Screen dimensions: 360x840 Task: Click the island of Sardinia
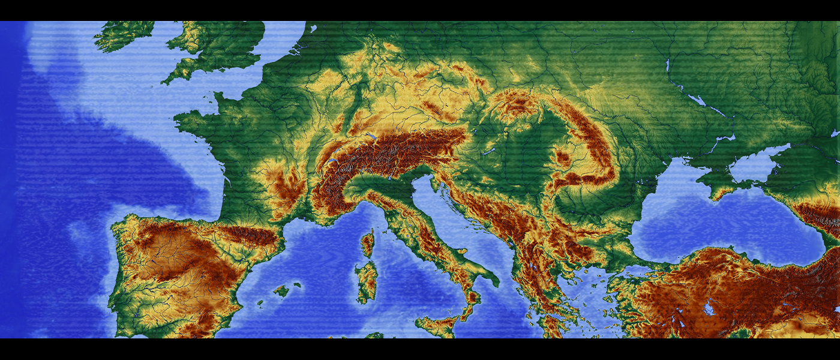(366, 280)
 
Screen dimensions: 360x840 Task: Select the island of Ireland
(123, 33)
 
